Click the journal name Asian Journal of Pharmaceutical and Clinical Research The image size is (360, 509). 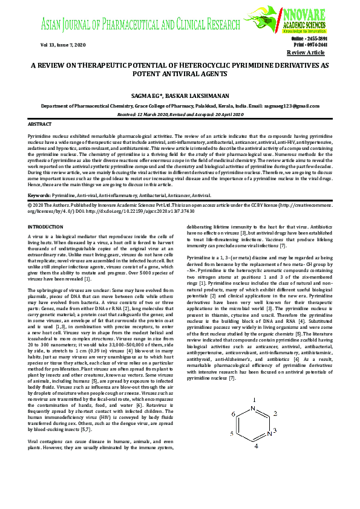[x=148, y=25]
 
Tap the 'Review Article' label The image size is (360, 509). [x=309, y=53]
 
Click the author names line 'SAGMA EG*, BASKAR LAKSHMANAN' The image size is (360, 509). [x=180, y=94]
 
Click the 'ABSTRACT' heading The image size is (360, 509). [x=40, y=123]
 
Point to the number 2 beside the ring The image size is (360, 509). [x=275, y=414]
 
